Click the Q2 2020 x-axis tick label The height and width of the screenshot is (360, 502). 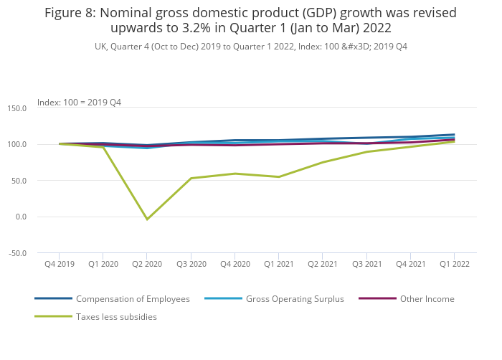pos(147,264)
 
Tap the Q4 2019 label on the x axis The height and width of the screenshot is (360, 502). pos(60,264)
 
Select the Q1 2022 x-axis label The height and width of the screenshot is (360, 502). pos(455,264)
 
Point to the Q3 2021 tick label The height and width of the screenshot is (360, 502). pos(366,264)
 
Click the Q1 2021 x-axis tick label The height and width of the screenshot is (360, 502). pos(279,264)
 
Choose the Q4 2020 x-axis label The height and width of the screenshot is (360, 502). pos(235,264)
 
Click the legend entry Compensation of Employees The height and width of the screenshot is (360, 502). pos(133,298)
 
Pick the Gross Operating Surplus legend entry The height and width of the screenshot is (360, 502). pos(295,298)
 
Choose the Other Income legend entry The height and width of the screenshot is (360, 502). pos(427,298)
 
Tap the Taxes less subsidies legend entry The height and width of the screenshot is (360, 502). pos(116,316)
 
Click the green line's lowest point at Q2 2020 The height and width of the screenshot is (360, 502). pos(147,219)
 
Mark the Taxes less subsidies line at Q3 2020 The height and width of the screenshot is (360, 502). pos(191,178)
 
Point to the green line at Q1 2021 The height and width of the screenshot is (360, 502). pos(279,176)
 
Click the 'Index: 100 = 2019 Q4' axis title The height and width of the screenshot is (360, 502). pos(79,102)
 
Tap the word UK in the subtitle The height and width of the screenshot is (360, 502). pos(100,47)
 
